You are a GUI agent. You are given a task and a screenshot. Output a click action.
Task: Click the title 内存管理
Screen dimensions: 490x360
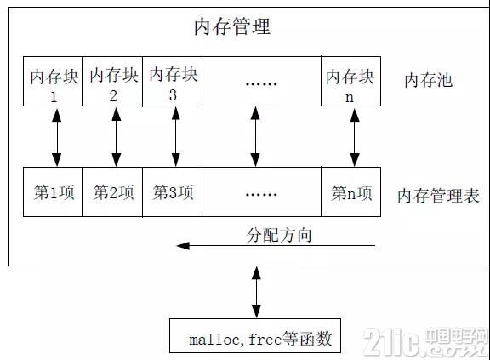click(232, 26)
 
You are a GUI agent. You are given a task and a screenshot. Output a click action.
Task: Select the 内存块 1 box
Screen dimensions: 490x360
click(53, 81)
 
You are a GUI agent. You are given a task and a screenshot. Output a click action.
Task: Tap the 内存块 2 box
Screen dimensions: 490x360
click(112, 81)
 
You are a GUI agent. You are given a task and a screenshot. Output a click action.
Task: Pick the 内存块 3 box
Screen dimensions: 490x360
click(172, 81)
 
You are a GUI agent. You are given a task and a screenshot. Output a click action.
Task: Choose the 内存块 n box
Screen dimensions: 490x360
click(350, 81)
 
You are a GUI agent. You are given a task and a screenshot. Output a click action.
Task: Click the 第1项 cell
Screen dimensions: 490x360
click(53, 191)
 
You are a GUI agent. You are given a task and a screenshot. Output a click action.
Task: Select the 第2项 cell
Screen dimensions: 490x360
click(112, 191)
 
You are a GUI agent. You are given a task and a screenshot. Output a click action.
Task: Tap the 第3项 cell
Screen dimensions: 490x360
click(172, 191)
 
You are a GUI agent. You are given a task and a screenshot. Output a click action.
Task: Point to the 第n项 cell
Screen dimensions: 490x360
click(350, 191)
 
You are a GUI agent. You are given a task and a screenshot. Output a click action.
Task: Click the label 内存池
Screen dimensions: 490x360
click(428, 80)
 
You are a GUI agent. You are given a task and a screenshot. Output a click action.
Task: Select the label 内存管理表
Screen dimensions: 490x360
click(438, 196)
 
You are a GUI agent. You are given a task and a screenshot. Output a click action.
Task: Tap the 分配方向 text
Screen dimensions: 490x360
click(279, 235)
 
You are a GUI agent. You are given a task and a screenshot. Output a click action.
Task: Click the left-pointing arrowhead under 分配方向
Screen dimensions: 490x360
click(183, 246)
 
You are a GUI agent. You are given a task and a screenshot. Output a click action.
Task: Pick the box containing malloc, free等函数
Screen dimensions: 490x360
click(255, 335)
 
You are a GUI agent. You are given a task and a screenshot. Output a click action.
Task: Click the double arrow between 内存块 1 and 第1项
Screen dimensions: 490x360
click(56, 137)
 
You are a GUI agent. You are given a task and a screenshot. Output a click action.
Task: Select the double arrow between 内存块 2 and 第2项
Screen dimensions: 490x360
click(117, 137)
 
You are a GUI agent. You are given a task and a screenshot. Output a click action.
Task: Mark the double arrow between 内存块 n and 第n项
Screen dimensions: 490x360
click(355, 137)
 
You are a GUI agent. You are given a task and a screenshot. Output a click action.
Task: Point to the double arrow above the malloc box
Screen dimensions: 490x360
click(256, 293)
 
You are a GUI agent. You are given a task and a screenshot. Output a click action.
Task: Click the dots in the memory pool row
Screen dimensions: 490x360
click(261, 83)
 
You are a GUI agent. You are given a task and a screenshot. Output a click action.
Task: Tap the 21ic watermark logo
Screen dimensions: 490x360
click(425, 342)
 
